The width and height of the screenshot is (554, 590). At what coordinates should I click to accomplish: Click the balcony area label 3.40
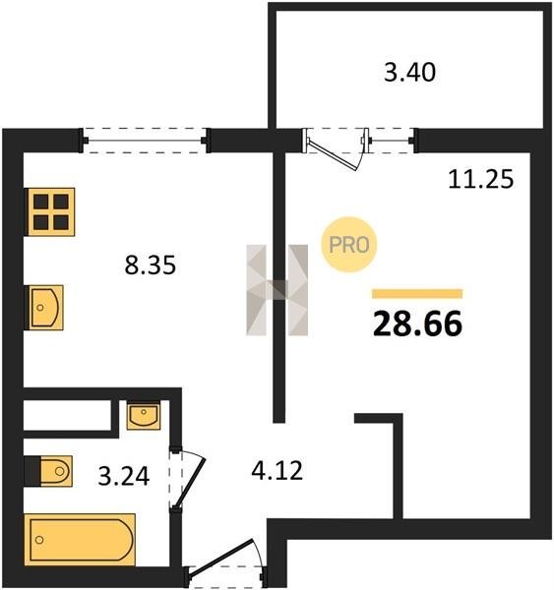[409, 72]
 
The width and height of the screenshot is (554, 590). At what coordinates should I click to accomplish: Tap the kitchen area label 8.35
[151, 265]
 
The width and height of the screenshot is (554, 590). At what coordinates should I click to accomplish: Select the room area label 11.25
[481, 179]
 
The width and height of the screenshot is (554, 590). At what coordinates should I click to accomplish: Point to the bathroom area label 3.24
[124, 476]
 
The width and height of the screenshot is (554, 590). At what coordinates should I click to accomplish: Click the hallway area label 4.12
[277, 470]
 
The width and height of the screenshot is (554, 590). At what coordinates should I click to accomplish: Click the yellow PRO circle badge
[349, 245]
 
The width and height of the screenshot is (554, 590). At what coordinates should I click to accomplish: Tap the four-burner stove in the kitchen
[50, 211]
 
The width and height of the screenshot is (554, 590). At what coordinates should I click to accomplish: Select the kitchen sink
[43, 308]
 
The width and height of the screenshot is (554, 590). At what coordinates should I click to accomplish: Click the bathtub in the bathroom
[80, 540]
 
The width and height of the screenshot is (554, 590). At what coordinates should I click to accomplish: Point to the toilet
[48, 471]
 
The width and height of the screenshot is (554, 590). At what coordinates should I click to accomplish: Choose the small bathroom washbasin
[144, 415]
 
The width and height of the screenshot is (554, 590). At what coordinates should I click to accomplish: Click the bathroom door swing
[187, 477]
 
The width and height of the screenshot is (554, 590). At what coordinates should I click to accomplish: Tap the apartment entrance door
[224, 561]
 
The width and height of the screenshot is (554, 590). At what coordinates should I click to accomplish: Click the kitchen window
[145, 141]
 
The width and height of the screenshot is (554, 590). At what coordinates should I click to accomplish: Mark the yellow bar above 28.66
[417, 293]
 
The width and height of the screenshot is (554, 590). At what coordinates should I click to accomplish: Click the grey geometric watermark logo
[277, 290]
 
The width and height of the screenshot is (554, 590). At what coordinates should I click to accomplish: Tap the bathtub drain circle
[39, 540]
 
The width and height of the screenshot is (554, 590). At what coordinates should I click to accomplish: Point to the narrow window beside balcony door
[391, 141]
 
